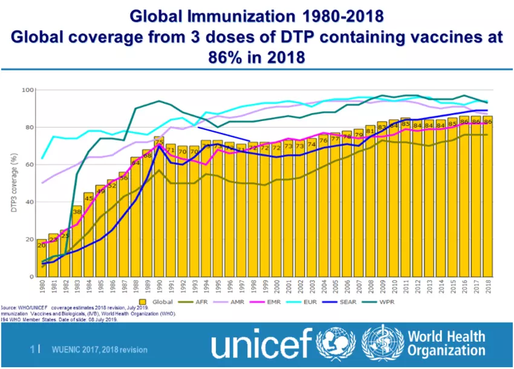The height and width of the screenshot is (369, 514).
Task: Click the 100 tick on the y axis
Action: pyautogui.click(x=27, y=90)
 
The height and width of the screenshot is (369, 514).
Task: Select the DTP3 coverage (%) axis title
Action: pyautogui.click(x=13, y=183)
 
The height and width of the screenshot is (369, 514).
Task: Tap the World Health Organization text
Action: pyautogui.click(x=446, y=343)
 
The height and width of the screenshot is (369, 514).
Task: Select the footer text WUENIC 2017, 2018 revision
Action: pyautogui.click(x=99, y=350)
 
